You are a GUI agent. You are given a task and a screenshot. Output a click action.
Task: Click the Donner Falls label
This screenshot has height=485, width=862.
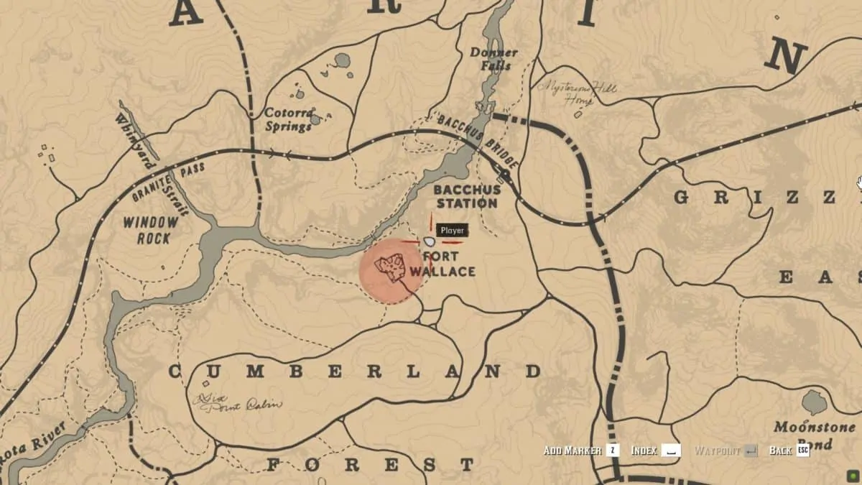click(x=493, y=59)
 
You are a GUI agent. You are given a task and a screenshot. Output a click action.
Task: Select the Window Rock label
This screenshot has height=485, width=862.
click(x=150, y=230)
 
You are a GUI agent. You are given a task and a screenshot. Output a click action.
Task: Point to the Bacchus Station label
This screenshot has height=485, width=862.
click(x=465, y=196)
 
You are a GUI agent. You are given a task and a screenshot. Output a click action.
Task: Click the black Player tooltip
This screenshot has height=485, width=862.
click(x=453, y=231)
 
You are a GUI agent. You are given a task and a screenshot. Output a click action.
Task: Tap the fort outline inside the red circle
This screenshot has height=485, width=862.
click(x=390, y=267)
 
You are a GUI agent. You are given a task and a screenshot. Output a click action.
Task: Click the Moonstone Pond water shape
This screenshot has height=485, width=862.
click(x=815, y=402)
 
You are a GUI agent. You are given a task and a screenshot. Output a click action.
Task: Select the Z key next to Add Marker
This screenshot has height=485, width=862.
click(x=612, y=451)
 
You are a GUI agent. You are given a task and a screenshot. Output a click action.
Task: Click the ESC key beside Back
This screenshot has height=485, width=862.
click(x=802, y=451)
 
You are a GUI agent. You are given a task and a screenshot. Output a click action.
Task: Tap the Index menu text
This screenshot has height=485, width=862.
click(x=644, y=451)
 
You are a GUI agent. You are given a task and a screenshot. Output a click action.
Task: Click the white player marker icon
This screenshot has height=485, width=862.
click(x=430, y=242)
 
